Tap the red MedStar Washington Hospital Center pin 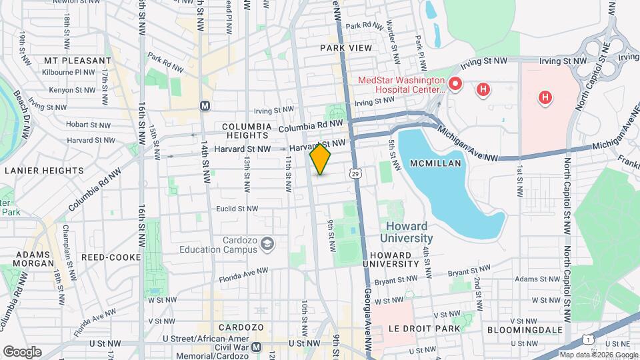click(x=455, y=84)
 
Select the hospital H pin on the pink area click(x=545, y=97)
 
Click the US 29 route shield click(x=356, y=173)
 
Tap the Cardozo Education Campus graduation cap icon click(x=268, y=244)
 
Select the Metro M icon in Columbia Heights click(x=205, y=106)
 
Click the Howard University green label click(x=407, y=232)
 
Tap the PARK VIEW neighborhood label click(x=345, y=48)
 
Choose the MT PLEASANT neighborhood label click(x=77, y=61)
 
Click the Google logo click(x=21, y=351)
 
